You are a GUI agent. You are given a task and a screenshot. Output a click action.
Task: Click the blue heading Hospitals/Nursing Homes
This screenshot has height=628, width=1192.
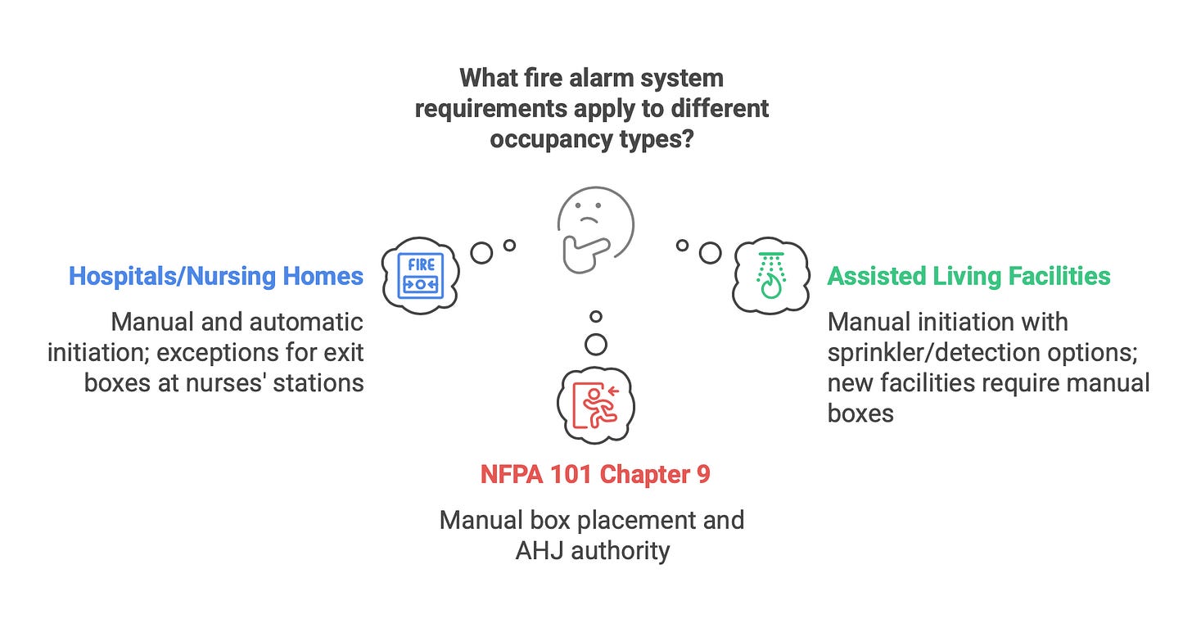point(216,276)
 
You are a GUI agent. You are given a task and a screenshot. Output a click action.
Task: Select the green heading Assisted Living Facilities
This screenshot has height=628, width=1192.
point(968,276)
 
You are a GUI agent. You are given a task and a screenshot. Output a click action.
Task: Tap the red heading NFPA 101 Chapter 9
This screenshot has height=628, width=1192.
point(595,475)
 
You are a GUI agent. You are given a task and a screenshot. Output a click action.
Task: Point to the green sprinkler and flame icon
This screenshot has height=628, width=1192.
point(770,276)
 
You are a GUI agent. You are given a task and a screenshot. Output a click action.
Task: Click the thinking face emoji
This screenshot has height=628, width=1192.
point(596,227)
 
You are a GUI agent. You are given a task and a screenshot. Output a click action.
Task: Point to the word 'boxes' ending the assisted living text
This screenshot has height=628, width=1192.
point(860,413)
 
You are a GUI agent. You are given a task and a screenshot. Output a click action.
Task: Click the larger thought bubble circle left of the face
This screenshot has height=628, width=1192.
point(482,253)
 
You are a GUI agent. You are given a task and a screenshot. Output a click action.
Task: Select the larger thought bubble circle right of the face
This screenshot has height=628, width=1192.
point(709,253)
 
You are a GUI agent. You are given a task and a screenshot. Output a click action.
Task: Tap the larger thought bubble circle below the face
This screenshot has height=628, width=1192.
point(596,345)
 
